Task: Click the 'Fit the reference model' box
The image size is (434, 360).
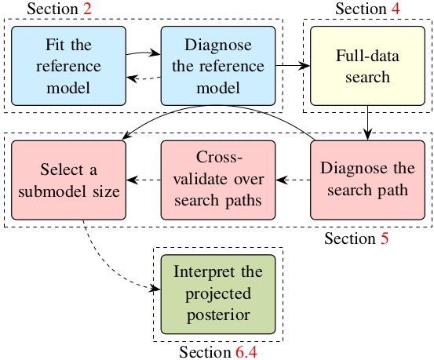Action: (68, 66)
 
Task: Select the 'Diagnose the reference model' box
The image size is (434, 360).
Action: (218, 66)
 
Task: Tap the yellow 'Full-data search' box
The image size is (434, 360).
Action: (367, 66)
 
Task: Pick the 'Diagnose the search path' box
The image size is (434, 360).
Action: (367, 180)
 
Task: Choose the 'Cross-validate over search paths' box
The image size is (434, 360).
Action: (218, 180)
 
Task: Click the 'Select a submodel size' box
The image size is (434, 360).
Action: (68, 180)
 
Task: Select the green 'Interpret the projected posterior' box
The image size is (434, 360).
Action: (218, 294)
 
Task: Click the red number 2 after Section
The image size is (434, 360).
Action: (87, 9)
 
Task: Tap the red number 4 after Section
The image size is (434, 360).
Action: (396, 9)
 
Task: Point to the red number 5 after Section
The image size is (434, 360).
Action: (385, 238)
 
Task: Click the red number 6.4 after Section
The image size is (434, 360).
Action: (246, 352)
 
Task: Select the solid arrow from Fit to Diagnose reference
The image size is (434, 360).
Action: (144, 53)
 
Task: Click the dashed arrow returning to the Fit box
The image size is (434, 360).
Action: (144, 78)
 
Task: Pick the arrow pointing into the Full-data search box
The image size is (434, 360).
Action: (293, 66)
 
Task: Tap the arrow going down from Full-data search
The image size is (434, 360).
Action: (367, 123)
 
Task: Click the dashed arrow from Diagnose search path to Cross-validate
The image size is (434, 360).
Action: (293, 180)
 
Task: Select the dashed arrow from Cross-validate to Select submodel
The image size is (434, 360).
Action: (144, 180)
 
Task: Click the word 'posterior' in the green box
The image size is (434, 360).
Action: (218, 315)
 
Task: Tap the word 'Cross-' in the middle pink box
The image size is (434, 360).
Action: (219, 157)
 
